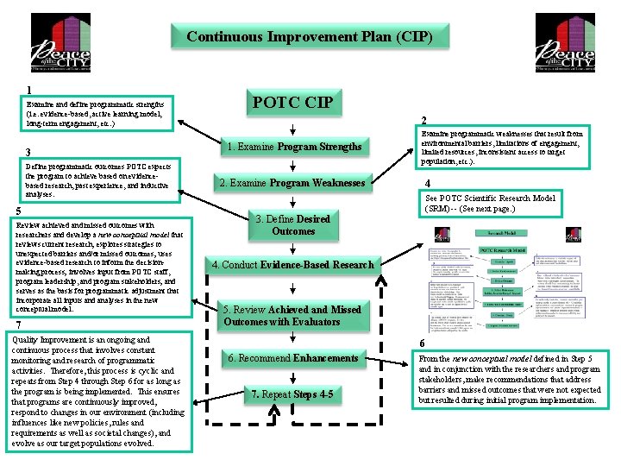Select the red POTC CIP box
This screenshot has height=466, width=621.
coord(292,104)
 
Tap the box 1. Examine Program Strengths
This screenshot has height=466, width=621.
coord(293,147)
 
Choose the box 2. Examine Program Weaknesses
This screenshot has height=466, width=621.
coord(293,183)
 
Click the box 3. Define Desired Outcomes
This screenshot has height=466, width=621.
coord(293,225)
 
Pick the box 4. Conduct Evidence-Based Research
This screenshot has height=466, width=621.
coord(293,265)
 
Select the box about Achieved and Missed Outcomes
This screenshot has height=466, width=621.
coord(293,316)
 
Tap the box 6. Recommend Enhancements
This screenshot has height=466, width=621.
coord(293,358)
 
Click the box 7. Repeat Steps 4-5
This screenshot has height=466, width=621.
coord(293,395)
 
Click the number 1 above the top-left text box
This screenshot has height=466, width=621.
coord(29,89)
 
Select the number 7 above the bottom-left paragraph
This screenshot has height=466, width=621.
coord(19,324)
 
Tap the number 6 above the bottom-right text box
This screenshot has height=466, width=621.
coord(422,343)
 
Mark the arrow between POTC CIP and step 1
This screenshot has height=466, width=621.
coord(293,127)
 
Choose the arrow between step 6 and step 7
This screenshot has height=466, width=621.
coord(293,376)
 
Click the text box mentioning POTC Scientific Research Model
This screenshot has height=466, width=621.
coord(490,204)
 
